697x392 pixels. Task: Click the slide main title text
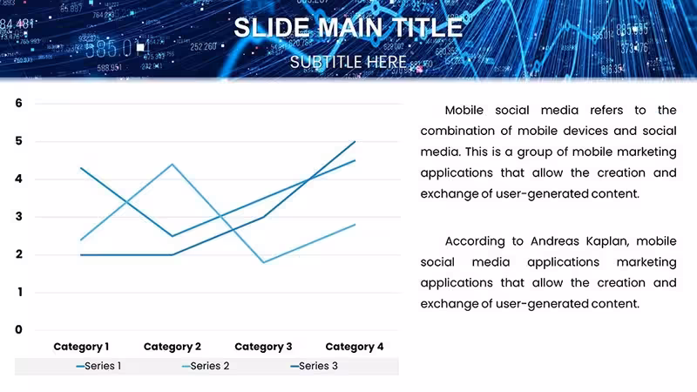(x=348, y=28)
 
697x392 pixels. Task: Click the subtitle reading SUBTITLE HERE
(x=348, y=62)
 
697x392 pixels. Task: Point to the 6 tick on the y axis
(x=18, y=103)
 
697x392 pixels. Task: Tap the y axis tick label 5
(x=18, y=141)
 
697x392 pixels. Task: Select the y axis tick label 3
(x=18, y=216)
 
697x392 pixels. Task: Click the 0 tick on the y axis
(x=18, y=329)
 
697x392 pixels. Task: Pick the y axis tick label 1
(x=19, y=292)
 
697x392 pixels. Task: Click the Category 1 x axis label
(x=81, y=347)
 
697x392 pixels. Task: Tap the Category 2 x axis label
(x=172, y=347)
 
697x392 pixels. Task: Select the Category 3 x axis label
(x=263, y=347)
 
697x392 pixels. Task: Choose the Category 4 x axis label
(x=355, y=347)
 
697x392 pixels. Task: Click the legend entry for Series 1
(x=98, y=366)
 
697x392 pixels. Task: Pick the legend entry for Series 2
(x=206, y=366)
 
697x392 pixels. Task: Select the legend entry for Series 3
(x=314, y=366)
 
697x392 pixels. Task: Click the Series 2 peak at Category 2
(x=172, y=165)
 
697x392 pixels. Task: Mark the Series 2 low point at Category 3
(x=264, y=262)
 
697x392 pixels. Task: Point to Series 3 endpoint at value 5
(x=355, y=141)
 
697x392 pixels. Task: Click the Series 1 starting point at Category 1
(x=81, y=168)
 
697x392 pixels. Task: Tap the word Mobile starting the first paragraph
(x=464, y=111)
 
